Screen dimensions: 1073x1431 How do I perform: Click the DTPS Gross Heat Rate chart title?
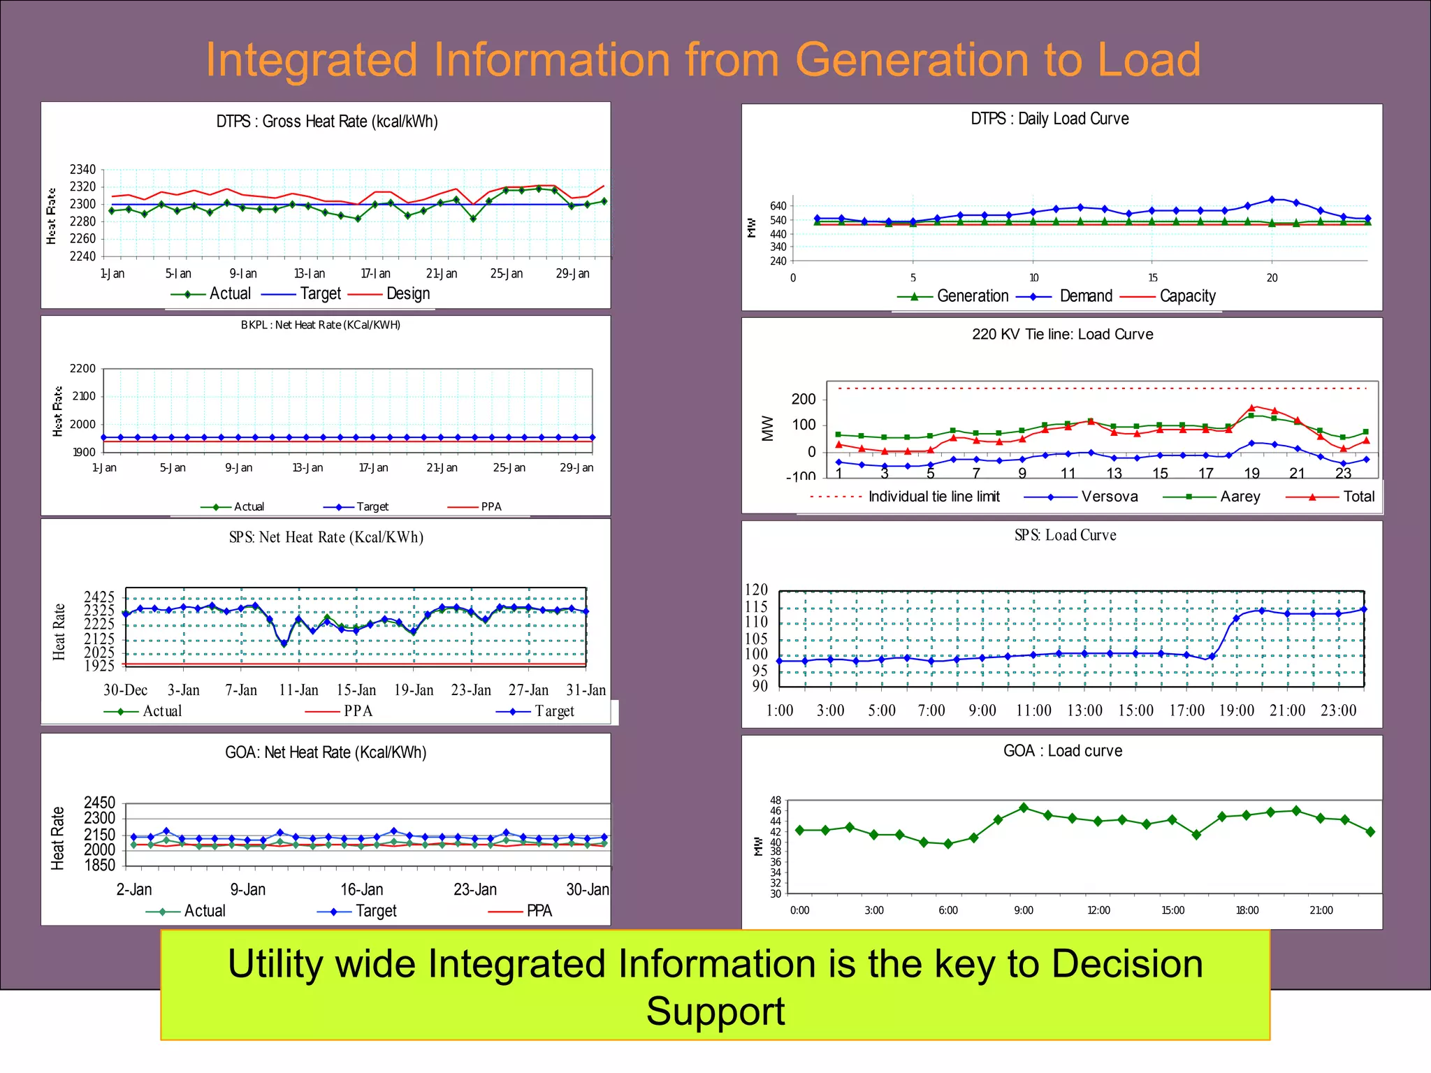[x=327, y=122]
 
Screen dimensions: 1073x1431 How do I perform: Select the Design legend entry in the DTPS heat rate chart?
[x=407, y=294]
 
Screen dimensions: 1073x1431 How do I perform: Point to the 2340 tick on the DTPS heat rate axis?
[x=82, y=170]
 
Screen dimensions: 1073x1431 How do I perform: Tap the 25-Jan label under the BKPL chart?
[x=509, y=468]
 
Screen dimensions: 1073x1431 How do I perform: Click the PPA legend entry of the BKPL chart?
[x=491, y=507]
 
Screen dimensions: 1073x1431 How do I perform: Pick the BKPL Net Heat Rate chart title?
[x=321, y=325]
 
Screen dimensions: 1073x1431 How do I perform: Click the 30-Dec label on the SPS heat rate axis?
[x=125, y=690]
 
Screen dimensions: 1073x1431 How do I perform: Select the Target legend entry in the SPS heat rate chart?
[x=554, y=711]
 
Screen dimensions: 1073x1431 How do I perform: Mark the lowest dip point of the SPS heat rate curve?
[x=284, y=643]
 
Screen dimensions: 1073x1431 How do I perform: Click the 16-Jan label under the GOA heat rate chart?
[x=361, y=890]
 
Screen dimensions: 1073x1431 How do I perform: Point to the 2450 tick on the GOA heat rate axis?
[x=99, y=803]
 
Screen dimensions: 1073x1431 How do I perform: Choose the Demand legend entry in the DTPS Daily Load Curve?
[x=1085, y=296]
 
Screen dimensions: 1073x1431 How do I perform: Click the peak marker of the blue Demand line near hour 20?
[x=1272, y=200]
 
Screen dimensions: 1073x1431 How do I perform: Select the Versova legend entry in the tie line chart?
[x=1109, y=497]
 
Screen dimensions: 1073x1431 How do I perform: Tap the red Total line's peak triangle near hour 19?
[x=1252, y=407]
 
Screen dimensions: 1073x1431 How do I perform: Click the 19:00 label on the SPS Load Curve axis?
[x=1236, y=711]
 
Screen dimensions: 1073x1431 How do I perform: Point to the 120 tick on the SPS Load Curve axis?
[x=756, y=590]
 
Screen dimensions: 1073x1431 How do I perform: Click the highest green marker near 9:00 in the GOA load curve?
[x=1024, y=808]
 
